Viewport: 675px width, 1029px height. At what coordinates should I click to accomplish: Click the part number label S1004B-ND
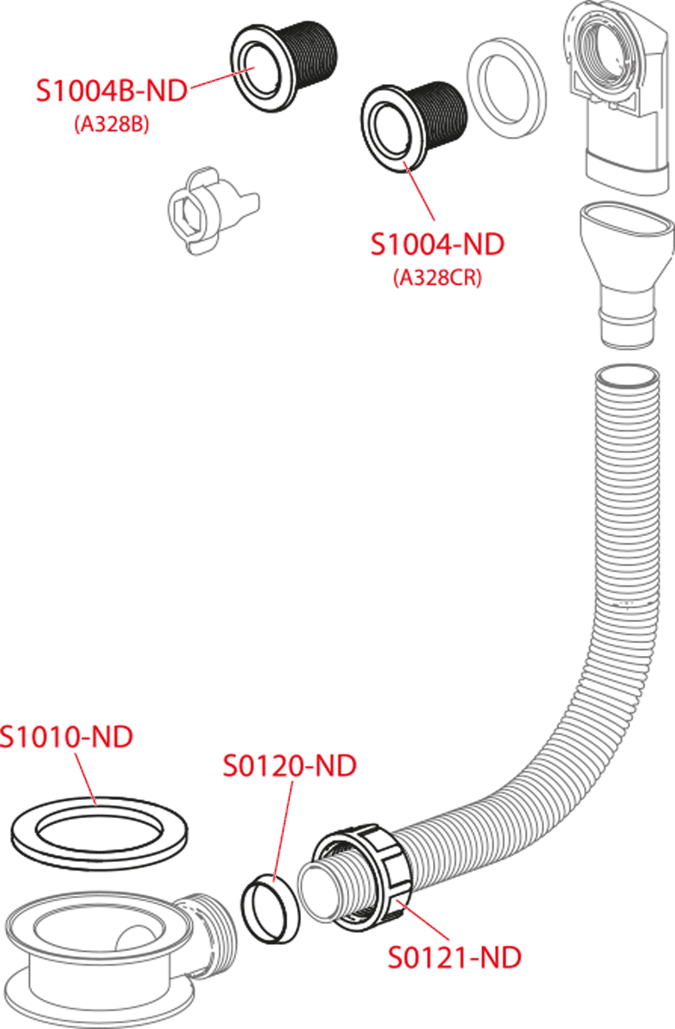click(x=111, y=91)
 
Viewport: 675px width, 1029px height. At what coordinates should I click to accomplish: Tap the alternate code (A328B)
click(x=112, y=125)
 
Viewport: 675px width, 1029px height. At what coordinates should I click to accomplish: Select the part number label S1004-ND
click(x=437, y=244)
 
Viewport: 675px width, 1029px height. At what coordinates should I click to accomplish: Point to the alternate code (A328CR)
click(x=437, y=279)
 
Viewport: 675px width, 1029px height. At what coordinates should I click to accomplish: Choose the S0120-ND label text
click(x=289, y=766)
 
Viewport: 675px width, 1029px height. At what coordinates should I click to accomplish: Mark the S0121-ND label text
click(x=454, y=957)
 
